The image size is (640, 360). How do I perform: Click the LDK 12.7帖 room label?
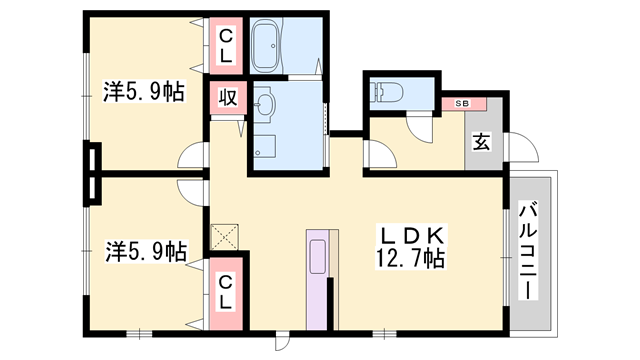click(x=410, y=247)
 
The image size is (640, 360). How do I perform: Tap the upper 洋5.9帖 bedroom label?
click(x=144, y=91)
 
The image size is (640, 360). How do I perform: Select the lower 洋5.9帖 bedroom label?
click(x=147, y=251)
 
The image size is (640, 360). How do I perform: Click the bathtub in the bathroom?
click(x=265, y=46)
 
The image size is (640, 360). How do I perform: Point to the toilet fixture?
click(x=386, y=93)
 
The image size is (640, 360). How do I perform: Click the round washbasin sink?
click(x=264, y=104)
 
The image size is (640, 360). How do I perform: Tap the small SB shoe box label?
click(x=462, y=104)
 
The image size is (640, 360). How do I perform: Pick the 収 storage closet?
click(x=227, y=98)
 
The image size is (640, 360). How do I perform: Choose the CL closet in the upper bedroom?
click(x=226, y=46)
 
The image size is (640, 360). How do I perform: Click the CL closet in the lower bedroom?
click(x=226, y=293)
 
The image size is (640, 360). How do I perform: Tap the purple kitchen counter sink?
click(x=318, y=257)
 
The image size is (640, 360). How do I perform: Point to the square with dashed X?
click(x=224, y=237)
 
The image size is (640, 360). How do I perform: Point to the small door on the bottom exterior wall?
click(x=282, y=341)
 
